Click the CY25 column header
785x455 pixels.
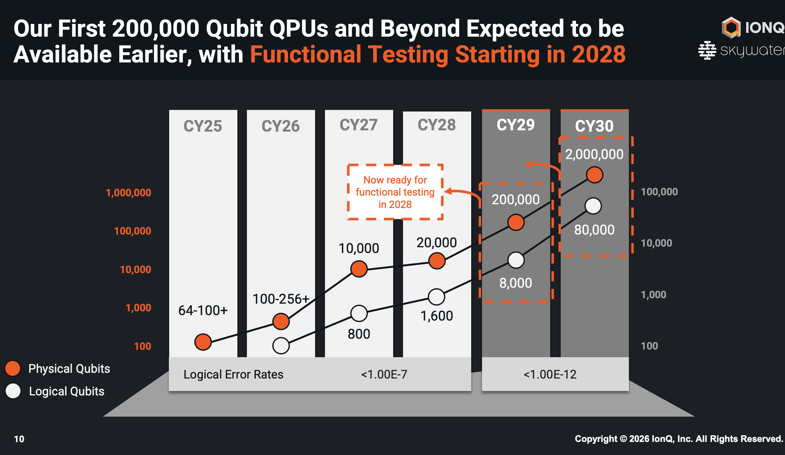point(203,126)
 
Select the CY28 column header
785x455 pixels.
point(436,125)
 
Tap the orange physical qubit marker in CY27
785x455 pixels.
point(359,269)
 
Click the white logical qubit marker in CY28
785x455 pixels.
point(436,297)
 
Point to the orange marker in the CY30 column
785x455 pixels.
point(594,175)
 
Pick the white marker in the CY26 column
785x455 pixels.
point(281,345)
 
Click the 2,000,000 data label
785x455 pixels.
point(594,154)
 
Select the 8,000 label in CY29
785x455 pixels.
point(515,283)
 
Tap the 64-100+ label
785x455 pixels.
point(203,310)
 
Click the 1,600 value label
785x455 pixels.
point(436,316)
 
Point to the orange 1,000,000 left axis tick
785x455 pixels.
point(128,193)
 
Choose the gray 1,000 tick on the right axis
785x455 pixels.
point(653,295)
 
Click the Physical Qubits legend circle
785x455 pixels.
point(13,368)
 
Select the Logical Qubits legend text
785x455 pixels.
point(67,391)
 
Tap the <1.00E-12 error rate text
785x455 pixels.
point(550,374)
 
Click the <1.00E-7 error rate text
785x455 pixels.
point(384,374)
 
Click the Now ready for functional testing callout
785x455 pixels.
point(395,192)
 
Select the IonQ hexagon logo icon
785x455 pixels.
point(731,27)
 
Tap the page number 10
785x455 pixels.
point(19,439)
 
